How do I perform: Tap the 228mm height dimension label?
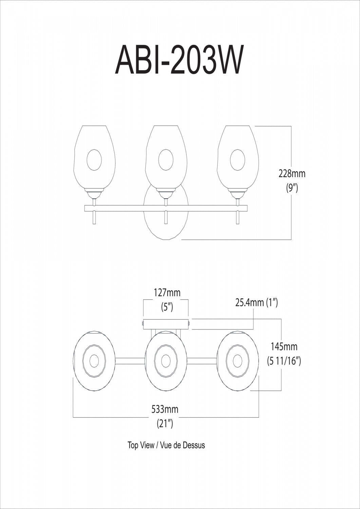(x=291, y=173)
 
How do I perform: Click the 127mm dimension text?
(x=166, y=292)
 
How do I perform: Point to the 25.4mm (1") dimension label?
(x=257, y=302)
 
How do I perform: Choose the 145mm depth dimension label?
(x=284, y=346)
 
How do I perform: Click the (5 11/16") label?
(x=284, y=361)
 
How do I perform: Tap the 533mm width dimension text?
(x=165, y=409)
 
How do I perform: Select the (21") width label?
(x=165, y=424)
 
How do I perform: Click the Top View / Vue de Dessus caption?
(x=166, y=445)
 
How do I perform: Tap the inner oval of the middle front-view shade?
(x=166, y=159)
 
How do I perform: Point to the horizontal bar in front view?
(x=129, y=208)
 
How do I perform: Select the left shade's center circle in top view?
(x=94, y=361)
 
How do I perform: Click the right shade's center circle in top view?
(x=237, y=361)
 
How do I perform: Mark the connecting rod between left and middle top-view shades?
(x=130, y=361)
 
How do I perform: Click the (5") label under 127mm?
(x=166, y=307)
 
